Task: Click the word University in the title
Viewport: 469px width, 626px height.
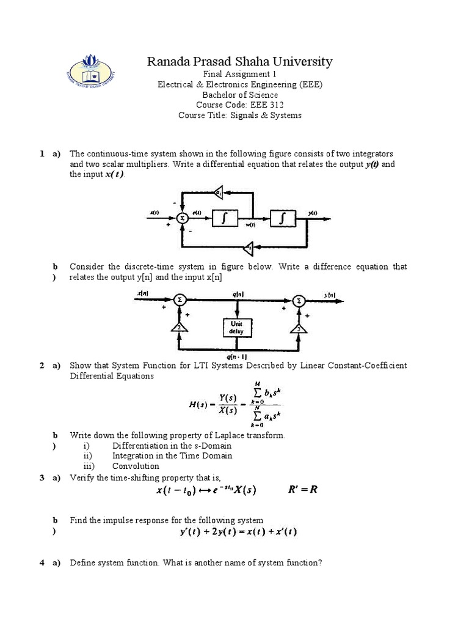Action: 303,61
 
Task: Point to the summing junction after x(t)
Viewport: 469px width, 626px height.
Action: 181,218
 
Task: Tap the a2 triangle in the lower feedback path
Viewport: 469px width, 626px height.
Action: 249,247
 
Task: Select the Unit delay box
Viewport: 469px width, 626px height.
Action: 236,327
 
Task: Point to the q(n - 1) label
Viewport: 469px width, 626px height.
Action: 236,356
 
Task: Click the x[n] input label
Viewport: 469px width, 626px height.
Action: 143,294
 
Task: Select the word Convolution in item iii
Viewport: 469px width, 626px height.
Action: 136,466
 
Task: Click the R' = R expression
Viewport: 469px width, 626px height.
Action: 304,490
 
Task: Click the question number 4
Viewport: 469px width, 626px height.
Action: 42,562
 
